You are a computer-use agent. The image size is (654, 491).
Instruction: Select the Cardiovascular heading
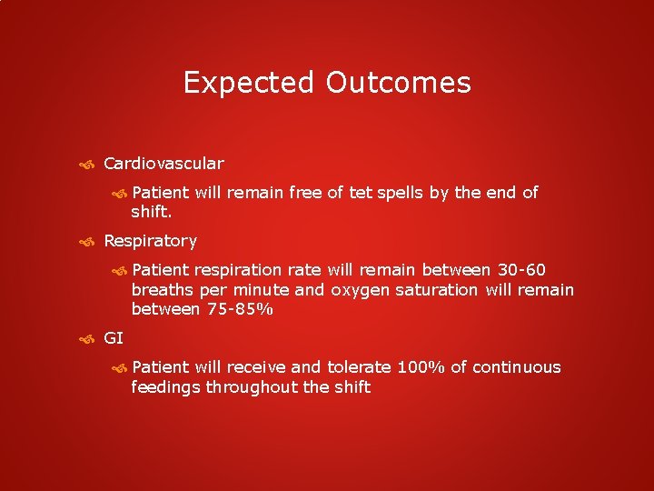click(x=163, y=164)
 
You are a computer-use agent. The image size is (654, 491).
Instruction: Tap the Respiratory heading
click(x=150, y=241)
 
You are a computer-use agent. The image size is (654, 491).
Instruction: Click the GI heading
click(x=114, y=338)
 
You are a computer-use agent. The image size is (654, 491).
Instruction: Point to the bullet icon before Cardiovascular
click(x=87, y=165)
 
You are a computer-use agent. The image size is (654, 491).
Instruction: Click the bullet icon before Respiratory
click(x=87, y=242)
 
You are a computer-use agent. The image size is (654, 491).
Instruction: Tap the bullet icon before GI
click(x=87, y=339)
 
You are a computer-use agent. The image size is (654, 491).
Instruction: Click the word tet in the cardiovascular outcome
click(x=388, y=192)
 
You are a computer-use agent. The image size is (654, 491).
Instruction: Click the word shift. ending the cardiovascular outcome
click(x=152, y=212)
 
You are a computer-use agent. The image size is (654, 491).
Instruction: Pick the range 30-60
click(x=521, y=270)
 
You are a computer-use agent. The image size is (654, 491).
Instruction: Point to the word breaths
click(x=165, y=290)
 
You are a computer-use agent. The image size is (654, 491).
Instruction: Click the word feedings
click(x=165, y=387)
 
